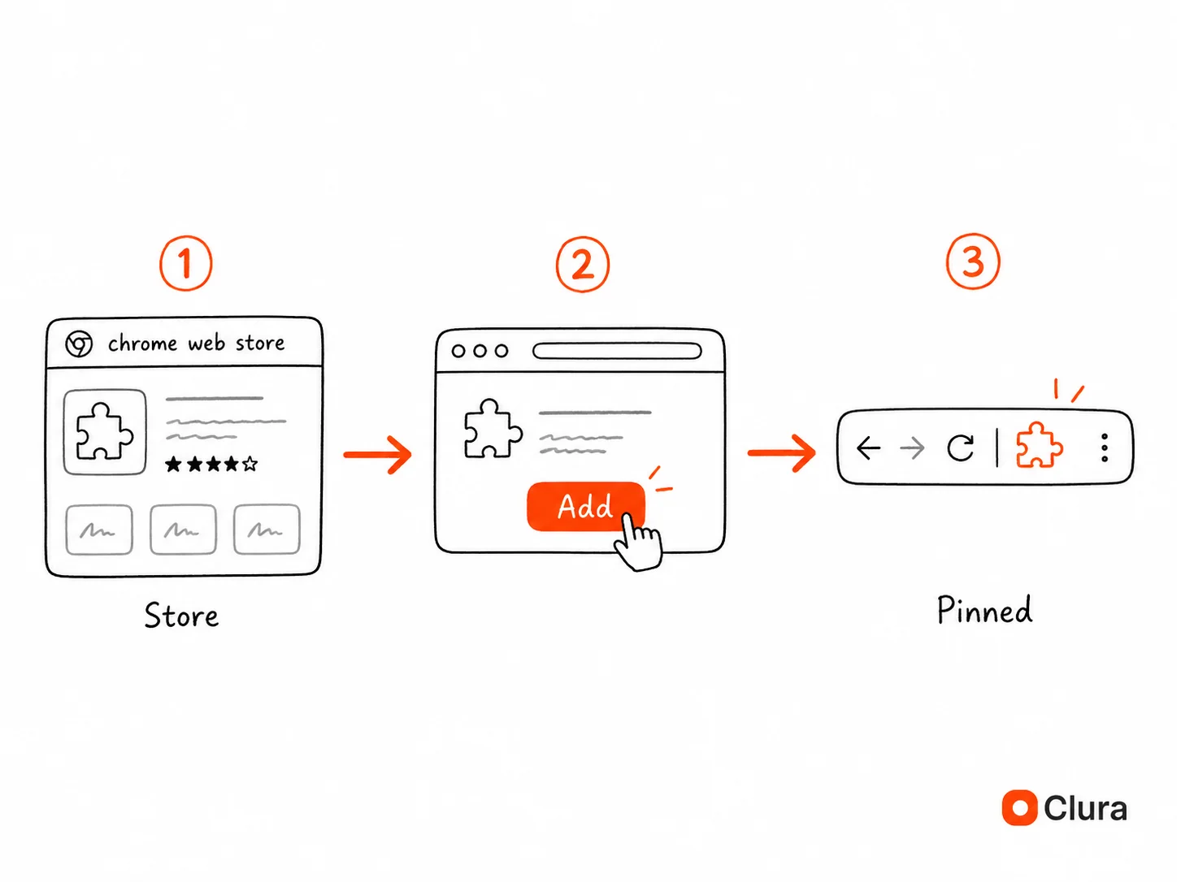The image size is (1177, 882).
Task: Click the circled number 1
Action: point(185,263)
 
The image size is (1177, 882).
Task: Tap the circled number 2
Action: point(582,265)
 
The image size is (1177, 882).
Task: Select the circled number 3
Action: point(973,262)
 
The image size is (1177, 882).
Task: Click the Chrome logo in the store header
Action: point(79,344)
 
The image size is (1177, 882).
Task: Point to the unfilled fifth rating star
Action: point(250,463)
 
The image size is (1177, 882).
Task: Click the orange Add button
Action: point(585,506)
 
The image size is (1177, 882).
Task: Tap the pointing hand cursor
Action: point(638,542)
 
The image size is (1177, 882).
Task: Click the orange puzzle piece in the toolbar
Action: point(1039,446)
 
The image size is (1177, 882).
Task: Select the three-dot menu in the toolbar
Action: point(1105,447)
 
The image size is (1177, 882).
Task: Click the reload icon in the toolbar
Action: point(960,447)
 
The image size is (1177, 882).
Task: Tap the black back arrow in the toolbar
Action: point(869,447)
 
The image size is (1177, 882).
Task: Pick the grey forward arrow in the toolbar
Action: point(912,447)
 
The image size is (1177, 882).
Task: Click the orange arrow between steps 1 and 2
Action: point(377,455)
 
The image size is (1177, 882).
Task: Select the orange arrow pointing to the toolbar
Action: point(782,453)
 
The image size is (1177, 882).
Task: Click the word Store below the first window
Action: point(181,616)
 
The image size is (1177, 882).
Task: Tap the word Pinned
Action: point(984,610)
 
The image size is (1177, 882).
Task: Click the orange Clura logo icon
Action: point(1019,807)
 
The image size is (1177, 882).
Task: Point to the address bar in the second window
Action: point(617,351)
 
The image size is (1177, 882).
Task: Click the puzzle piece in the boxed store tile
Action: point(105,431)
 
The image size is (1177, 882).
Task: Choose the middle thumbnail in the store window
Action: point(183,529)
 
